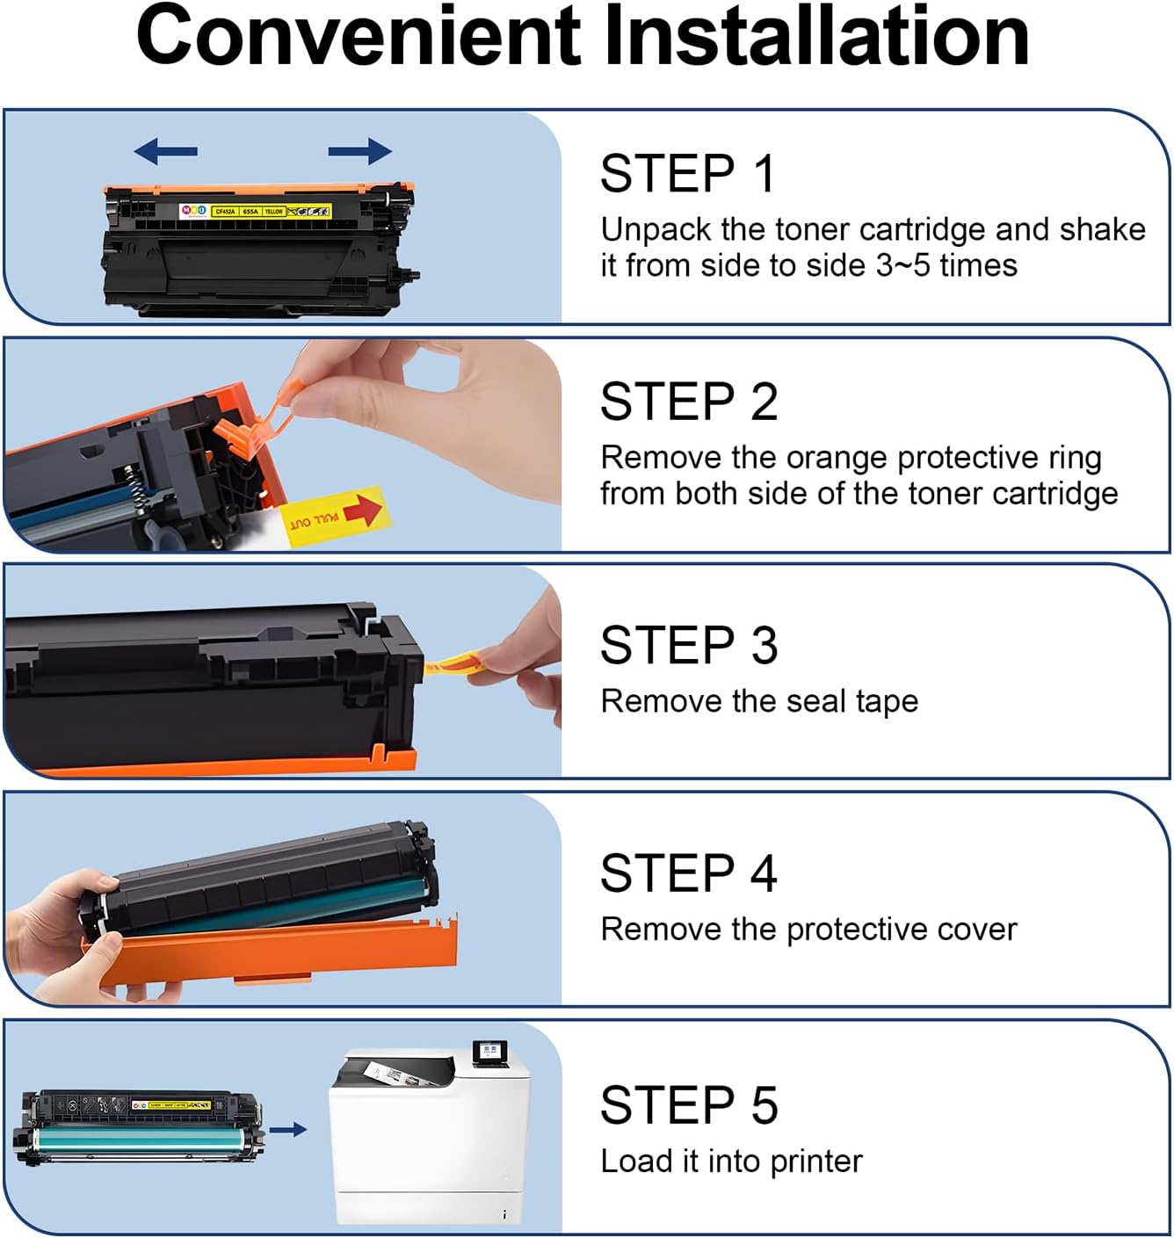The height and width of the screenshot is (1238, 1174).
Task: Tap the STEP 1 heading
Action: pyautogui.click(x=687, y=173)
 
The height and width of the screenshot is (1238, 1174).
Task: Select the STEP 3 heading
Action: pyautogui.click(x=689, y=646)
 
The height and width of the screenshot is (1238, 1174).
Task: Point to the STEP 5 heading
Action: pyautogui.click(x=689, y=1104)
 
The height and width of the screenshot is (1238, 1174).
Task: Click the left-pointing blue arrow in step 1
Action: pyautogui.click(x=165, y=151)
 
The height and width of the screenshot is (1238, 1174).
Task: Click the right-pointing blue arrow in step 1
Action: pyautogui.click(x=360, y=151)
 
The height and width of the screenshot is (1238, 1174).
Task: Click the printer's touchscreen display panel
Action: pyautogui.click(x=490, y=1053)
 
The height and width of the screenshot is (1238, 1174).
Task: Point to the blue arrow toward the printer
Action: pyautogui.click(x=287, y=1129)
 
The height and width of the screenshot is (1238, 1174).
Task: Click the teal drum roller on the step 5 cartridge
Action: pyautogui.click(x=141, y=1141)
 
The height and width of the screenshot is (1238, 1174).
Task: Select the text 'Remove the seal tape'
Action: pyautogui.click(x=759, y=701)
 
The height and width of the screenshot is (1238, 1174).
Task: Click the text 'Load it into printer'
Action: pyautogui.click(x=731, y=1161)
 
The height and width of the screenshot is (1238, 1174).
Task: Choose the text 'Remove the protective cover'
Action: pyautogui.click(x=808, y=929)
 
